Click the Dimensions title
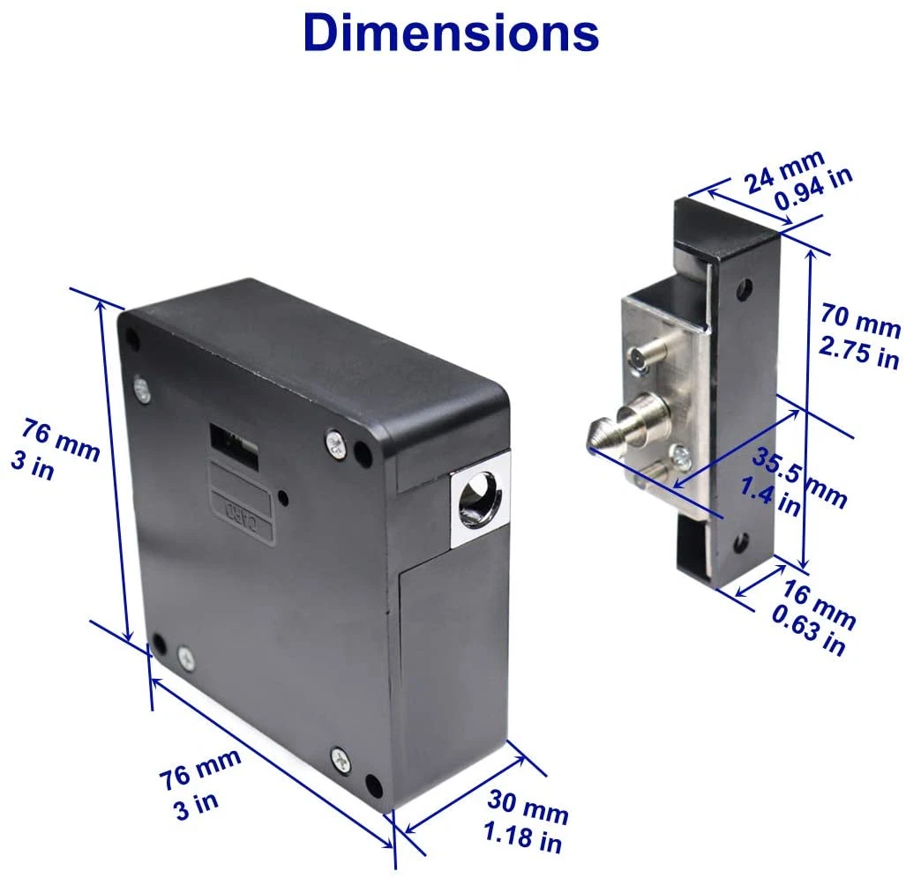(x=451, y=33)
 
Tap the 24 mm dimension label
(x=783, y=169)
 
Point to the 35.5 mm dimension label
(x=798, y=477)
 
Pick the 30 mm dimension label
(x=528, y=804)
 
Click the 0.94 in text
(x=813, y=189)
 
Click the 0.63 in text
(x=808, y=631)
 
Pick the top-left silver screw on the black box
(x=142, y=384)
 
